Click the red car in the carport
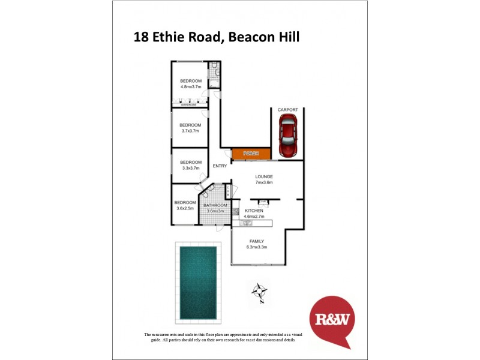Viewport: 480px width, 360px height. (x=288, y=137)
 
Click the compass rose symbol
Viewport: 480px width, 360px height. (x=259, y=292)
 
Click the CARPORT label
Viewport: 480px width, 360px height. (x=288, y=110)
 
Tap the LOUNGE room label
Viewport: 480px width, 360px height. (x=264, y=176)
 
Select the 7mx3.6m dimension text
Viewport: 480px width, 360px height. (x=264, y=182)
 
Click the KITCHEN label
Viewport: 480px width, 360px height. (x=254, y=211)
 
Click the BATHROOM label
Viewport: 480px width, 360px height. (x=215, y=205)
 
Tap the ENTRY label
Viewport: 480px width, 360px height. (x=220, y=166)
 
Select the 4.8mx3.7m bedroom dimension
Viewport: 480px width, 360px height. (x=191, y=87)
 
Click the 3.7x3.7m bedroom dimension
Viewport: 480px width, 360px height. (x=190, y=131)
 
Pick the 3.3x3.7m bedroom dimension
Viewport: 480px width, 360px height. (x=190, y=168)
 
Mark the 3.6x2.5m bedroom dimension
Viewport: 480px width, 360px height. (x=185, y=208)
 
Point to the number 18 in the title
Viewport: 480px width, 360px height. (x=141, y=37)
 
